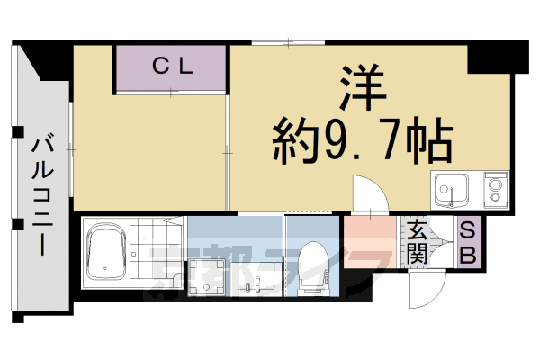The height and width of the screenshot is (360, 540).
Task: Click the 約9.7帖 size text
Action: [x=361, y=140]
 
